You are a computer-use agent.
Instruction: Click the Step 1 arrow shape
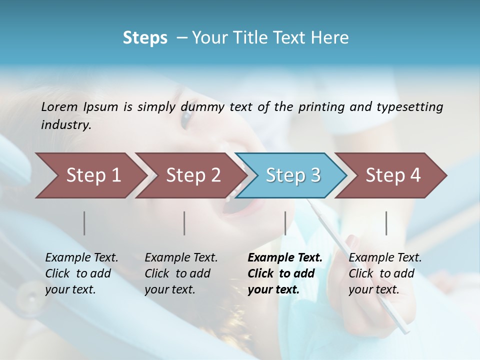tap(90, 175)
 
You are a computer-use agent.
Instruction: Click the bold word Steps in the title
tap(145, 38)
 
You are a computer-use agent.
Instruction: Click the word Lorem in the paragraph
tap(59, 106)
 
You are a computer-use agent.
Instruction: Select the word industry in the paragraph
tap(65, 125)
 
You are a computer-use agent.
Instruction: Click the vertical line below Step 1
tap(84, 223)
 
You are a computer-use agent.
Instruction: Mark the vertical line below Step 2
tap(184, 223)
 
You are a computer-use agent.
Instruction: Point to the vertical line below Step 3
tap(285, 223)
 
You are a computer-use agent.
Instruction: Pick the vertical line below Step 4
tap(386, 223)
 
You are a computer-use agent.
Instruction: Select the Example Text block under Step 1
tap(81, 273)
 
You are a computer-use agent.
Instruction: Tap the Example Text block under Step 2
tap(181, 273)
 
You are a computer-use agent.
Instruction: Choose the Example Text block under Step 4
tap(385, 273)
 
